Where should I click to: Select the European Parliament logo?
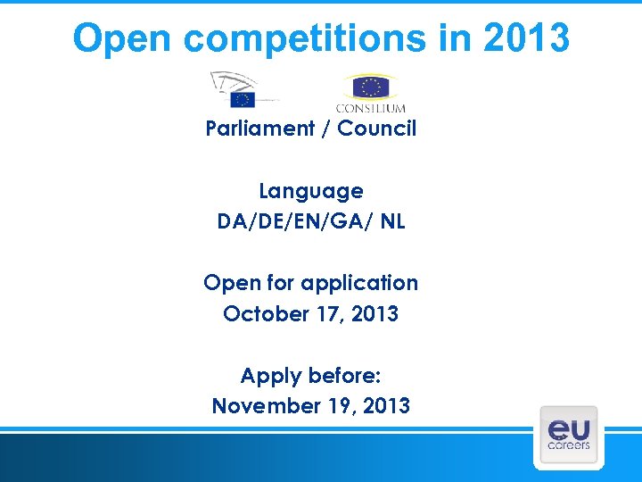(x=243, y=91)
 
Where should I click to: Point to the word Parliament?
(x=259, y=129)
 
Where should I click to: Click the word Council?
(x=376, y=129)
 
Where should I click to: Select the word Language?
(x=311, y=191)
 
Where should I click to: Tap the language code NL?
(x=391, y=221)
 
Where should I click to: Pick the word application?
(x=359, y=284)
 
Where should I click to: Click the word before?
(x=342, y=375)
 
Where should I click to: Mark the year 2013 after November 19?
(x=384, y=406)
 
